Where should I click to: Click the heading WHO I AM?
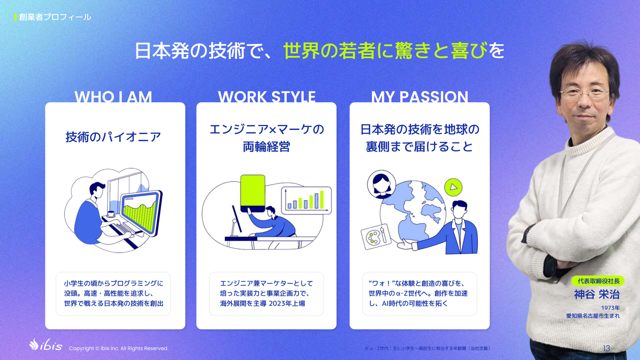(113, 96)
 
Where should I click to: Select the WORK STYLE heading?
(266, 96)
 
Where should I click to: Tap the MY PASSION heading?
(419, 96)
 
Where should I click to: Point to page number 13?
(606, 348)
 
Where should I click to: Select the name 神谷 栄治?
(597, 294)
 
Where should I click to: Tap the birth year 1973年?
(610, 307)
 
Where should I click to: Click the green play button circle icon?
(453, 187)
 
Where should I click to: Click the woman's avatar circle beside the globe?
(381, 184)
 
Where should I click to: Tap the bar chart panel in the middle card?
(306, 200)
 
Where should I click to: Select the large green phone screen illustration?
(253, 193)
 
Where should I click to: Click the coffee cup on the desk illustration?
(111, 213)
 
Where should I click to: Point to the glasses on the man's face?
(584, 93)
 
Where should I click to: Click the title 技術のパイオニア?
(113, 137)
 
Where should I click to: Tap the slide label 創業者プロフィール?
(55, 17)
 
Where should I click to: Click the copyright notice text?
(119, 348)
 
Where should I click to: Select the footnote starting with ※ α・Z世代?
(427, 348)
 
